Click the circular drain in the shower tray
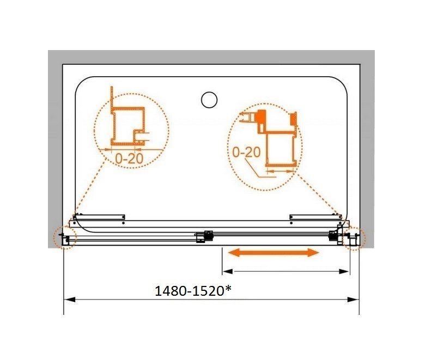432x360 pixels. (209, 100)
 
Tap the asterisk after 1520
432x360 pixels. (228, 289)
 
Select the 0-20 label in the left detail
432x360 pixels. (129, 158)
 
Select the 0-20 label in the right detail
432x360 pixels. (247, 152)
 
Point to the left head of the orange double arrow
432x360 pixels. (235, 253)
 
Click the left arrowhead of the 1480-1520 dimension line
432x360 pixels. (69, 300)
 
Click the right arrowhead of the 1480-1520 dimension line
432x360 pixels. (354, 300)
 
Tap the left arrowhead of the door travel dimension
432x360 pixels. (228, 272)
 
